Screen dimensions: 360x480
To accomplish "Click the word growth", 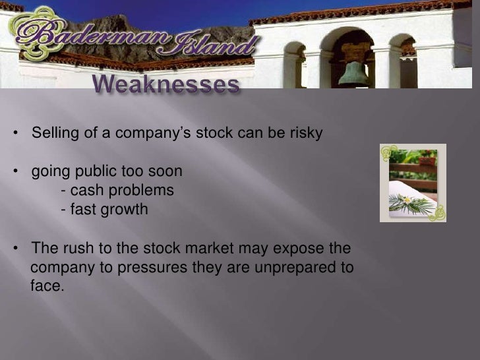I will (x=125, y=210).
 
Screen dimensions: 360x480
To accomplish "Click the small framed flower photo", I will (x=413, y=183).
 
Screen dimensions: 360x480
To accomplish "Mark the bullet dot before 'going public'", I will (x=16, y=171).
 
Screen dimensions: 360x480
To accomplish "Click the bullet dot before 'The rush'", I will (x=16, y=249).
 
